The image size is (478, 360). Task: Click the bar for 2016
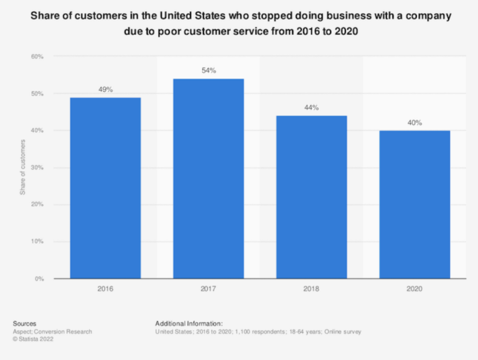[105, 188]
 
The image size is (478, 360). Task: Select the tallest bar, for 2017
[209, 178]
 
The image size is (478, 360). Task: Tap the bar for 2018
[311, 197]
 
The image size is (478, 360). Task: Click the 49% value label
[105, 90]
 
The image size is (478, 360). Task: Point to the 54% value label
[209, 71]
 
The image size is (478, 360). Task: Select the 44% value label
[311, 108]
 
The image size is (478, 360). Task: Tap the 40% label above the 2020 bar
[415, 122]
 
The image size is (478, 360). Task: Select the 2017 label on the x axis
[209, 289]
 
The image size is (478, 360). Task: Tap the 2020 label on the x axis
[415, 289]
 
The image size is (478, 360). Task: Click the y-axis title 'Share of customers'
[22, 168]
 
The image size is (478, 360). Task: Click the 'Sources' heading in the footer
[25, 323]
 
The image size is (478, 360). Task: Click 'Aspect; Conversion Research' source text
[52, 331]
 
